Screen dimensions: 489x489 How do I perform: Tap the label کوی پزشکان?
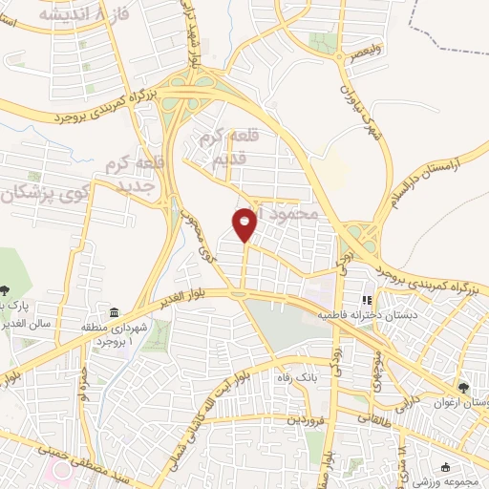point(38,192)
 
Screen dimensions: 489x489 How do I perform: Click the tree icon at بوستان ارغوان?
point(463,388)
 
